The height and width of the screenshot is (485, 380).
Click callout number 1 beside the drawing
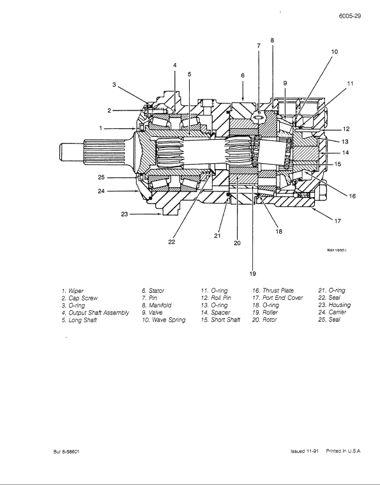(101, 128)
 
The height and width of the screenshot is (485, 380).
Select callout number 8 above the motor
(272, 40)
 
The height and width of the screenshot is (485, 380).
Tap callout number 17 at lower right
(338, 221)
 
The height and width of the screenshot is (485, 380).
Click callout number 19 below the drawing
(254, 274)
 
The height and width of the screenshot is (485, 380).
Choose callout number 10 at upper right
(334, 51)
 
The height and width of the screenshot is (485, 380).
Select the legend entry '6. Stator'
(153, 290)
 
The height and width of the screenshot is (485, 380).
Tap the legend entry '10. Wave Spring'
(163, 320)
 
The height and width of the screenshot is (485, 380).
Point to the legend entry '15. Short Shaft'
(220, 320)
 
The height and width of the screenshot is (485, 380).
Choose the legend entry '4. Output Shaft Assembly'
(95, 313)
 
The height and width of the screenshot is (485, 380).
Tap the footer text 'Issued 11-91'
(304, 451)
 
